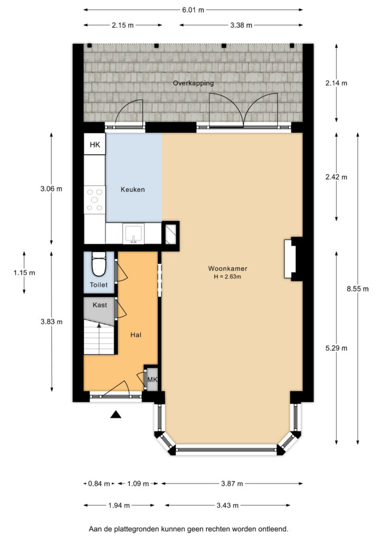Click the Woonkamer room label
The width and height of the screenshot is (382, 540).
tap(227, 268)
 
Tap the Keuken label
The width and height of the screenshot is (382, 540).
tap(132, 189)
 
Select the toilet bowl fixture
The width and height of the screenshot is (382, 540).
tap(99, 265)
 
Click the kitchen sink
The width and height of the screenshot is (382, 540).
tap(133, 234)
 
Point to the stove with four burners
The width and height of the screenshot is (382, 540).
tap(95, 200)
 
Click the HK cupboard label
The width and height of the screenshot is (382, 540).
tap(95, 144)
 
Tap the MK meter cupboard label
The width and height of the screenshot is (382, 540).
tap(152, 380)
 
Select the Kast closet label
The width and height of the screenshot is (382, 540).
tap(100, 305)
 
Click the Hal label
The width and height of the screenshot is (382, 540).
tap(136, 335)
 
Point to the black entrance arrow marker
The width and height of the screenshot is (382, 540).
tap(116, 414)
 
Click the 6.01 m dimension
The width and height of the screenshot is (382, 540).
tap(193, 10)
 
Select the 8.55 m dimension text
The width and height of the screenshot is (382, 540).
tap(358, 289)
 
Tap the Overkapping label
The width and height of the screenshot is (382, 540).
tap(193, 83)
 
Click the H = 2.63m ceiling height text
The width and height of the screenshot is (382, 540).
tap(227, 276)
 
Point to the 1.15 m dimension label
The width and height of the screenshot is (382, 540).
tap(24, 273)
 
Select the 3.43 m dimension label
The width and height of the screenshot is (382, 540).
tap(228, 506)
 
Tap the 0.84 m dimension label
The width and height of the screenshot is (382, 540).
tap(99, 484)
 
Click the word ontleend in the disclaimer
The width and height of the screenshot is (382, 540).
tap(274, 529)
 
